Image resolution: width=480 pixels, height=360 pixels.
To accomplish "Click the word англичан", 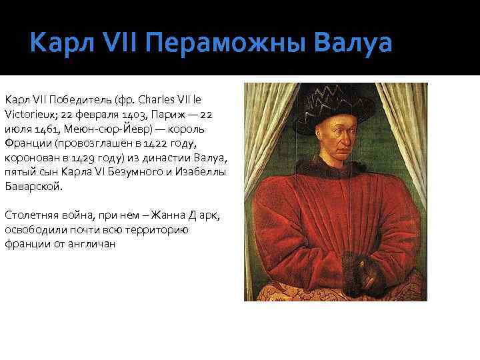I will pos(94,244).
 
